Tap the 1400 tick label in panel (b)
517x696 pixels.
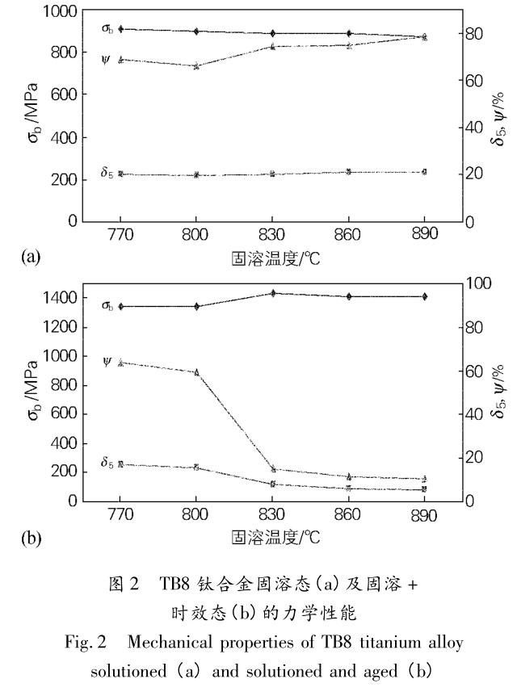[58, 299]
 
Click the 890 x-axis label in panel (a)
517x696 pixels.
[423, 233]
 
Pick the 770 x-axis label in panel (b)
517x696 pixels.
[120, 514]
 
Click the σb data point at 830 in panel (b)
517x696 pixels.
[272, 293]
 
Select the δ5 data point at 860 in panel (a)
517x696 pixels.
[348, 171]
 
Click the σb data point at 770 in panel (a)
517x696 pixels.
[120, 29]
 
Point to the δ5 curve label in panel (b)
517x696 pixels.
[107, 463]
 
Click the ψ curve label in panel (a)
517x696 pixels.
[107, 60]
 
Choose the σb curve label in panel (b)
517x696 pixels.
[107, 305]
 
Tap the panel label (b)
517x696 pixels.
[30, 537]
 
